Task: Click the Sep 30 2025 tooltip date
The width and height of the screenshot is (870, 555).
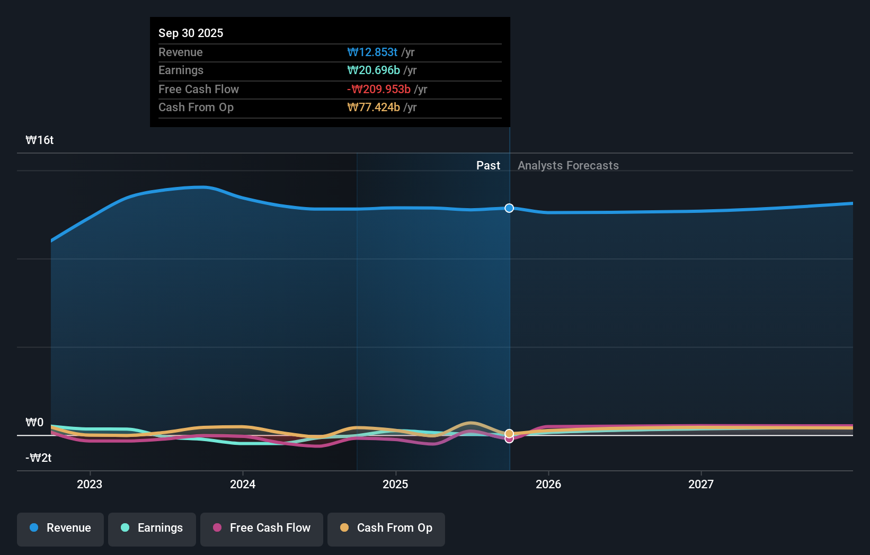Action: coord(191,33)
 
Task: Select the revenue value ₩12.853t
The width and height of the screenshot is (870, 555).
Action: coord(372,52)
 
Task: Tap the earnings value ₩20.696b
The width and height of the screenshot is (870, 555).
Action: coord(374,70)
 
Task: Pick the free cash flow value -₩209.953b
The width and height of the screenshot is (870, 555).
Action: coord(379,89)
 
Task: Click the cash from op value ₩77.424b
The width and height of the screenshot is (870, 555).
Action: coord(374,107)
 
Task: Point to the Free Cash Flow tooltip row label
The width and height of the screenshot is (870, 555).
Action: coord(199,89)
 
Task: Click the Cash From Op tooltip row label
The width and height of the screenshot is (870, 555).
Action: coord(196,107)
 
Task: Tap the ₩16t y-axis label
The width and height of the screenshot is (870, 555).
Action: coord(40,140)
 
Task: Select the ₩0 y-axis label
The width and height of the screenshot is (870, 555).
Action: coord(35,422)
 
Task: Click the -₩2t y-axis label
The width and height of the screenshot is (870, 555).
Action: coord(39,458)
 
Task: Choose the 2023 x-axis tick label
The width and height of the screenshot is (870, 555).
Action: coord(90,484)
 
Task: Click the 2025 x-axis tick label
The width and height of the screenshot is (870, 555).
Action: coord(395,484)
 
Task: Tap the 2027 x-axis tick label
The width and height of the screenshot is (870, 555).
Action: coord(700,484)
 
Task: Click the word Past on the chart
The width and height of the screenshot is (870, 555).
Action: coord(488,165)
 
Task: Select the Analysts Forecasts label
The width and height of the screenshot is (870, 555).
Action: coord(568,165)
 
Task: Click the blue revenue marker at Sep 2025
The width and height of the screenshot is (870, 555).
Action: coord(509,208)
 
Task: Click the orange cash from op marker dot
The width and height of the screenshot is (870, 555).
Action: coord(509,433)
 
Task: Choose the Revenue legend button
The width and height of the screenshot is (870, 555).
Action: coord(60,528)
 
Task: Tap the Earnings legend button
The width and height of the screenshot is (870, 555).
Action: coord(152,528)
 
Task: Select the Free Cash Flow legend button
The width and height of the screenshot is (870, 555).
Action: coord(262,528)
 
